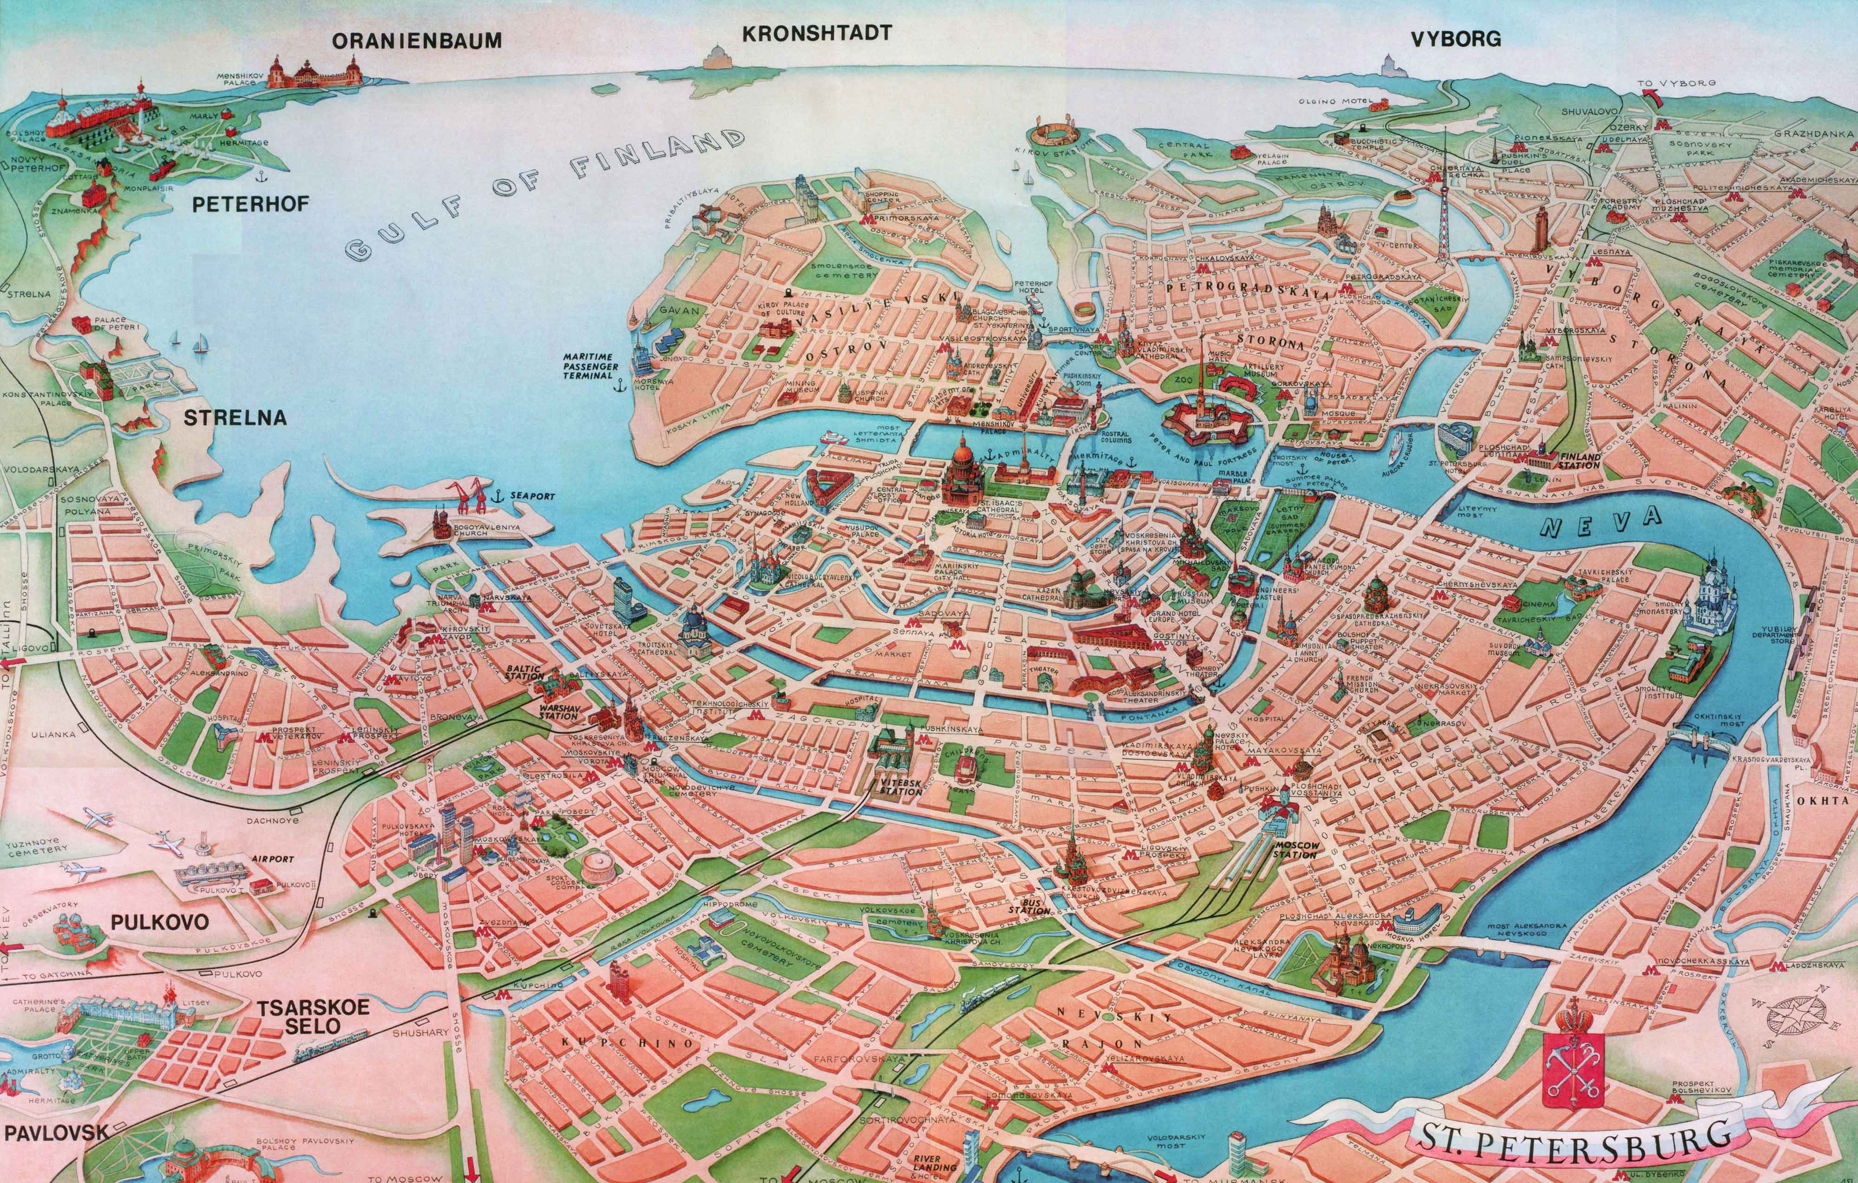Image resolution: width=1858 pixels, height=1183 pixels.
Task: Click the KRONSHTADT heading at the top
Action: click(x=816, y=33)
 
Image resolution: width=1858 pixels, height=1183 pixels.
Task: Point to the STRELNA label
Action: click(x=236, y=418)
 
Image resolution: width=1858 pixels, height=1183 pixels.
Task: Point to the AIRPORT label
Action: click(x=272, y=858)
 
